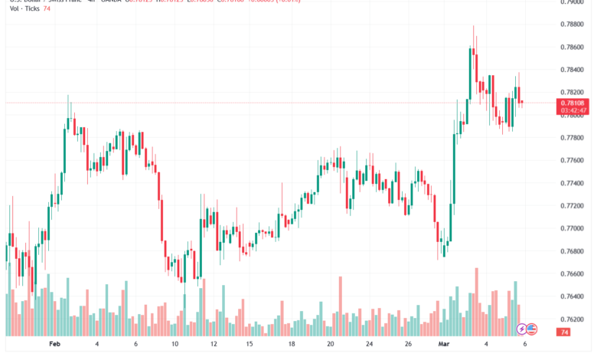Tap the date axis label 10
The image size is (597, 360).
[175, 345]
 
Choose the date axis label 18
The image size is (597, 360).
[292, 345]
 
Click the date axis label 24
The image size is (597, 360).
[369, 345]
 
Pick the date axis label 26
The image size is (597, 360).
[409, 345]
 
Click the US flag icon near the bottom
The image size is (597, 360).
[532, 329]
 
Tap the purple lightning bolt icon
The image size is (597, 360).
[522, 329]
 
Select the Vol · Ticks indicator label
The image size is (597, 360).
[21, 8]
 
